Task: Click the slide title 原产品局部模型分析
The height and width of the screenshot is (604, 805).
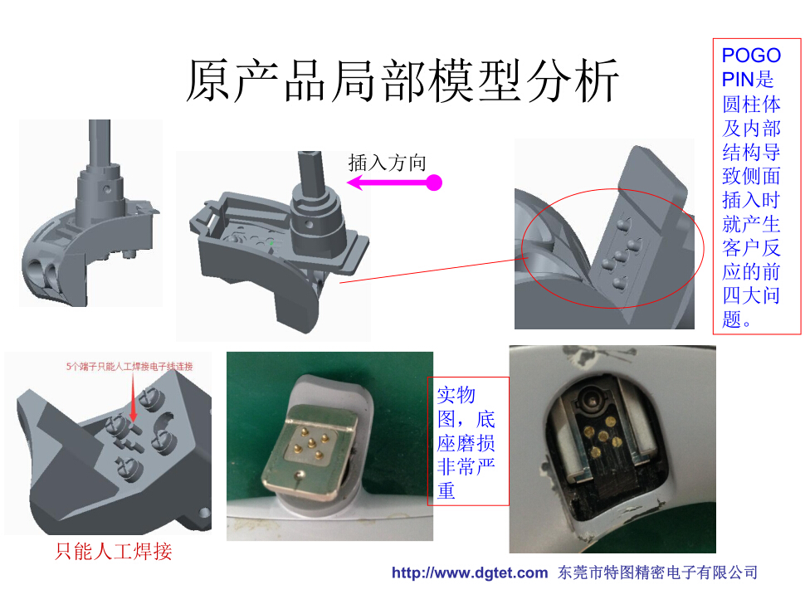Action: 402,80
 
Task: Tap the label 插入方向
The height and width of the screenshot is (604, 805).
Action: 387,163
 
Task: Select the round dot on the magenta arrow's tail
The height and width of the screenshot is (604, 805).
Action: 434,183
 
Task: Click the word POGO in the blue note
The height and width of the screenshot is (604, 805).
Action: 751,56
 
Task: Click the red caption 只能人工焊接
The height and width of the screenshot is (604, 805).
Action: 114,551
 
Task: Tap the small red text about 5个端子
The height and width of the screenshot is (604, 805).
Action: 129,367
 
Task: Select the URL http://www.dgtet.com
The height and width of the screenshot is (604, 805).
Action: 469,572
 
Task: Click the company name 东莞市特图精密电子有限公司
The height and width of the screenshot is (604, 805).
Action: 657,572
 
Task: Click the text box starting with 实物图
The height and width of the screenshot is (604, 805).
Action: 468,441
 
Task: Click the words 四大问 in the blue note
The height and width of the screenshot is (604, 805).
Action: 751,295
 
